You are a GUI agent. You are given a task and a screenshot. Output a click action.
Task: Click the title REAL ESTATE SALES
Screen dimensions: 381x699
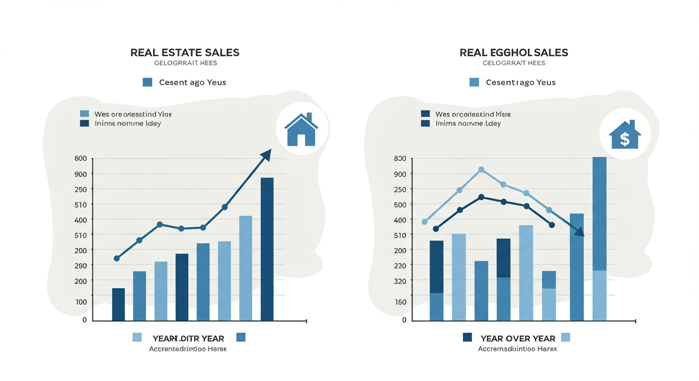185,53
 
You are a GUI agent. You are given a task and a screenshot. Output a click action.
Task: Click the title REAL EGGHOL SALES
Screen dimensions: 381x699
514,53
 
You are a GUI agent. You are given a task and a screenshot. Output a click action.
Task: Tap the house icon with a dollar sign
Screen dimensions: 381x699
625,134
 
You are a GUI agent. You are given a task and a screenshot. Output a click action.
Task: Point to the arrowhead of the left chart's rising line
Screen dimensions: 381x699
267,154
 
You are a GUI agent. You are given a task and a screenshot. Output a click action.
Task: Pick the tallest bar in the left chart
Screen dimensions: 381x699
267,249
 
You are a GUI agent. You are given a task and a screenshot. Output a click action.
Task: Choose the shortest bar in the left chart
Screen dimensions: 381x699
119,304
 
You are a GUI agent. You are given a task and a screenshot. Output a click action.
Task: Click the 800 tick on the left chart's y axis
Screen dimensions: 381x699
81,159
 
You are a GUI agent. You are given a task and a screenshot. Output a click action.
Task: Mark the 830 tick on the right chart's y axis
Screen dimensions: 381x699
400,159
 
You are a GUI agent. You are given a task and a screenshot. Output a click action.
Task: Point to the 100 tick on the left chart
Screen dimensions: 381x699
81,302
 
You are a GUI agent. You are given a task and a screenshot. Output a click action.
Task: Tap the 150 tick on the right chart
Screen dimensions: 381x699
400,302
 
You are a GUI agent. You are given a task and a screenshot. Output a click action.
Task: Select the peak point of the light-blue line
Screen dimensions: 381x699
481,170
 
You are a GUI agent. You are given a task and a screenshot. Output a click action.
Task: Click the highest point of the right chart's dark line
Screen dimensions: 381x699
481,197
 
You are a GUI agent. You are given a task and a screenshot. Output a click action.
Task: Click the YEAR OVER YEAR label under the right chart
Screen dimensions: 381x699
518,338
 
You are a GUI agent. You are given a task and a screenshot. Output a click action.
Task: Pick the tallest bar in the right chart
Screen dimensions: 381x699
599,238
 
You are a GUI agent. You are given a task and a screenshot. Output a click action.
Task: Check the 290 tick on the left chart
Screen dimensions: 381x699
81,265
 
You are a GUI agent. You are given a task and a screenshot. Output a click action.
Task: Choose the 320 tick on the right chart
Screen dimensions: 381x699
400,281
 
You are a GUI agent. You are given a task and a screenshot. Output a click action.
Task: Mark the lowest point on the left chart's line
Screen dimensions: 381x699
117,258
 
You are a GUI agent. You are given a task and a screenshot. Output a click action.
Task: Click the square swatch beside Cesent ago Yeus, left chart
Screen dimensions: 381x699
147,82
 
